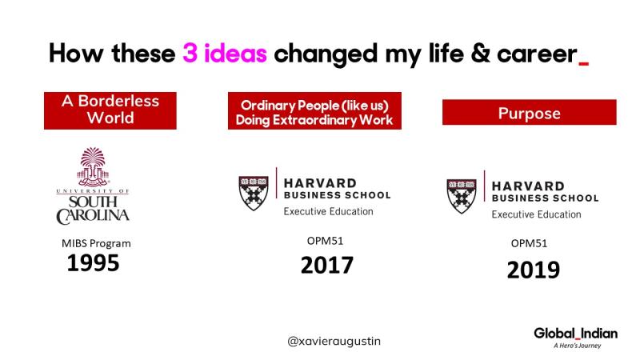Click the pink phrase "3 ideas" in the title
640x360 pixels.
point(225,53)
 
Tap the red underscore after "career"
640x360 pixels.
point(584,63)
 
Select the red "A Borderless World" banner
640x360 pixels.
point(110,110)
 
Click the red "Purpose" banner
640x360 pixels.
point(530,112)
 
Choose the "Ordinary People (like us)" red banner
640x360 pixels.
point(314,110)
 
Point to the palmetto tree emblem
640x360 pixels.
point(93,166)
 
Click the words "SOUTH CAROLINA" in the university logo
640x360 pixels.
point(93,210)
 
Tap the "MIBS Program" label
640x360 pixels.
point(96,243)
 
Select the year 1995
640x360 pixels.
point(93,263)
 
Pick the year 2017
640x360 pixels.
point(327,266)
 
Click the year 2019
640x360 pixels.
point(534,270)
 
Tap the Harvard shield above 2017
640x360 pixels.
point(254,193)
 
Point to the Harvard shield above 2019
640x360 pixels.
point(462,196)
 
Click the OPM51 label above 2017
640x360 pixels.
point(325,241)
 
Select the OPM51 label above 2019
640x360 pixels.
point(529,243)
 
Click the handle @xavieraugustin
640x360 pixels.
point(334,341)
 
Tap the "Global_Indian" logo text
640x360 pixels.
point(575,334)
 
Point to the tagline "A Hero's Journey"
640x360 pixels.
point(577,346)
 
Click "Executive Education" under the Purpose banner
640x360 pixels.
point(536,214)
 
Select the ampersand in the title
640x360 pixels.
point(481,54)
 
